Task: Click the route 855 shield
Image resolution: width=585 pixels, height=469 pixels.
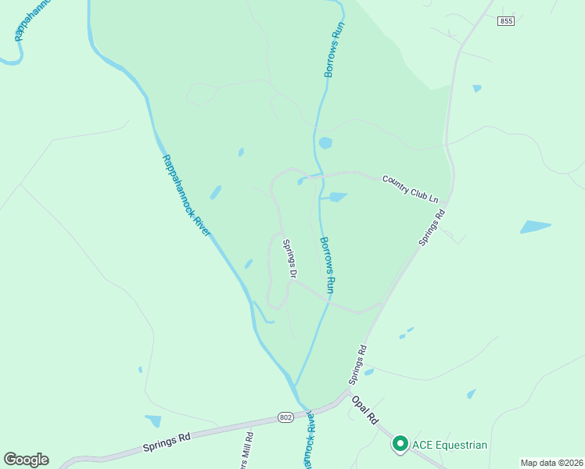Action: [506, 21]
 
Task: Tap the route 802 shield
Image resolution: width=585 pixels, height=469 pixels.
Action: [286, 419]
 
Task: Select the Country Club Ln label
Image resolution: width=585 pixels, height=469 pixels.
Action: [410, 190]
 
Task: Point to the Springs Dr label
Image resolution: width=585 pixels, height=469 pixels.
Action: [290, 260]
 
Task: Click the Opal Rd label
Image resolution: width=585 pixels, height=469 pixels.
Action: [365, 410]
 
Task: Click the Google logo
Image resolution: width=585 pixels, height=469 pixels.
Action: [26, 460]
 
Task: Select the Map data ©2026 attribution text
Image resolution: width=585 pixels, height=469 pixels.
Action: [551, 463]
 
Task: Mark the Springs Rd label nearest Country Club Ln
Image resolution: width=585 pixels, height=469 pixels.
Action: [432, 227]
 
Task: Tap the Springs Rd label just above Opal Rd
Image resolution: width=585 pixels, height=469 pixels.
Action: [358, 365]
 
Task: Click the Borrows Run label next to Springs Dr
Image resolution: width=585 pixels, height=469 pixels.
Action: [328, 265]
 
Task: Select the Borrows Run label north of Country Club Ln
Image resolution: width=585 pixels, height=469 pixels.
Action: [334, 48]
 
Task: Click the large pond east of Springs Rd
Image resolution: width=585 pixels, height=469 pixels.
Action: [536, 227]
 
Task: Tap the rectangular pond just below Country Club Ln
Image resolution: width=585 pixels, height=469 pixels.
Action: [337, 197]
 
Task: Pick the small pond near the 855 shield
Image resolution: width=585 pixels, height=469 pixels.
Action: [477, 88]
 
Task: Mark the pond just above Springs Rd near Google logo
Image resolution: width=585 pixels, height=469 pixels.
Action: [153, 421]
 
